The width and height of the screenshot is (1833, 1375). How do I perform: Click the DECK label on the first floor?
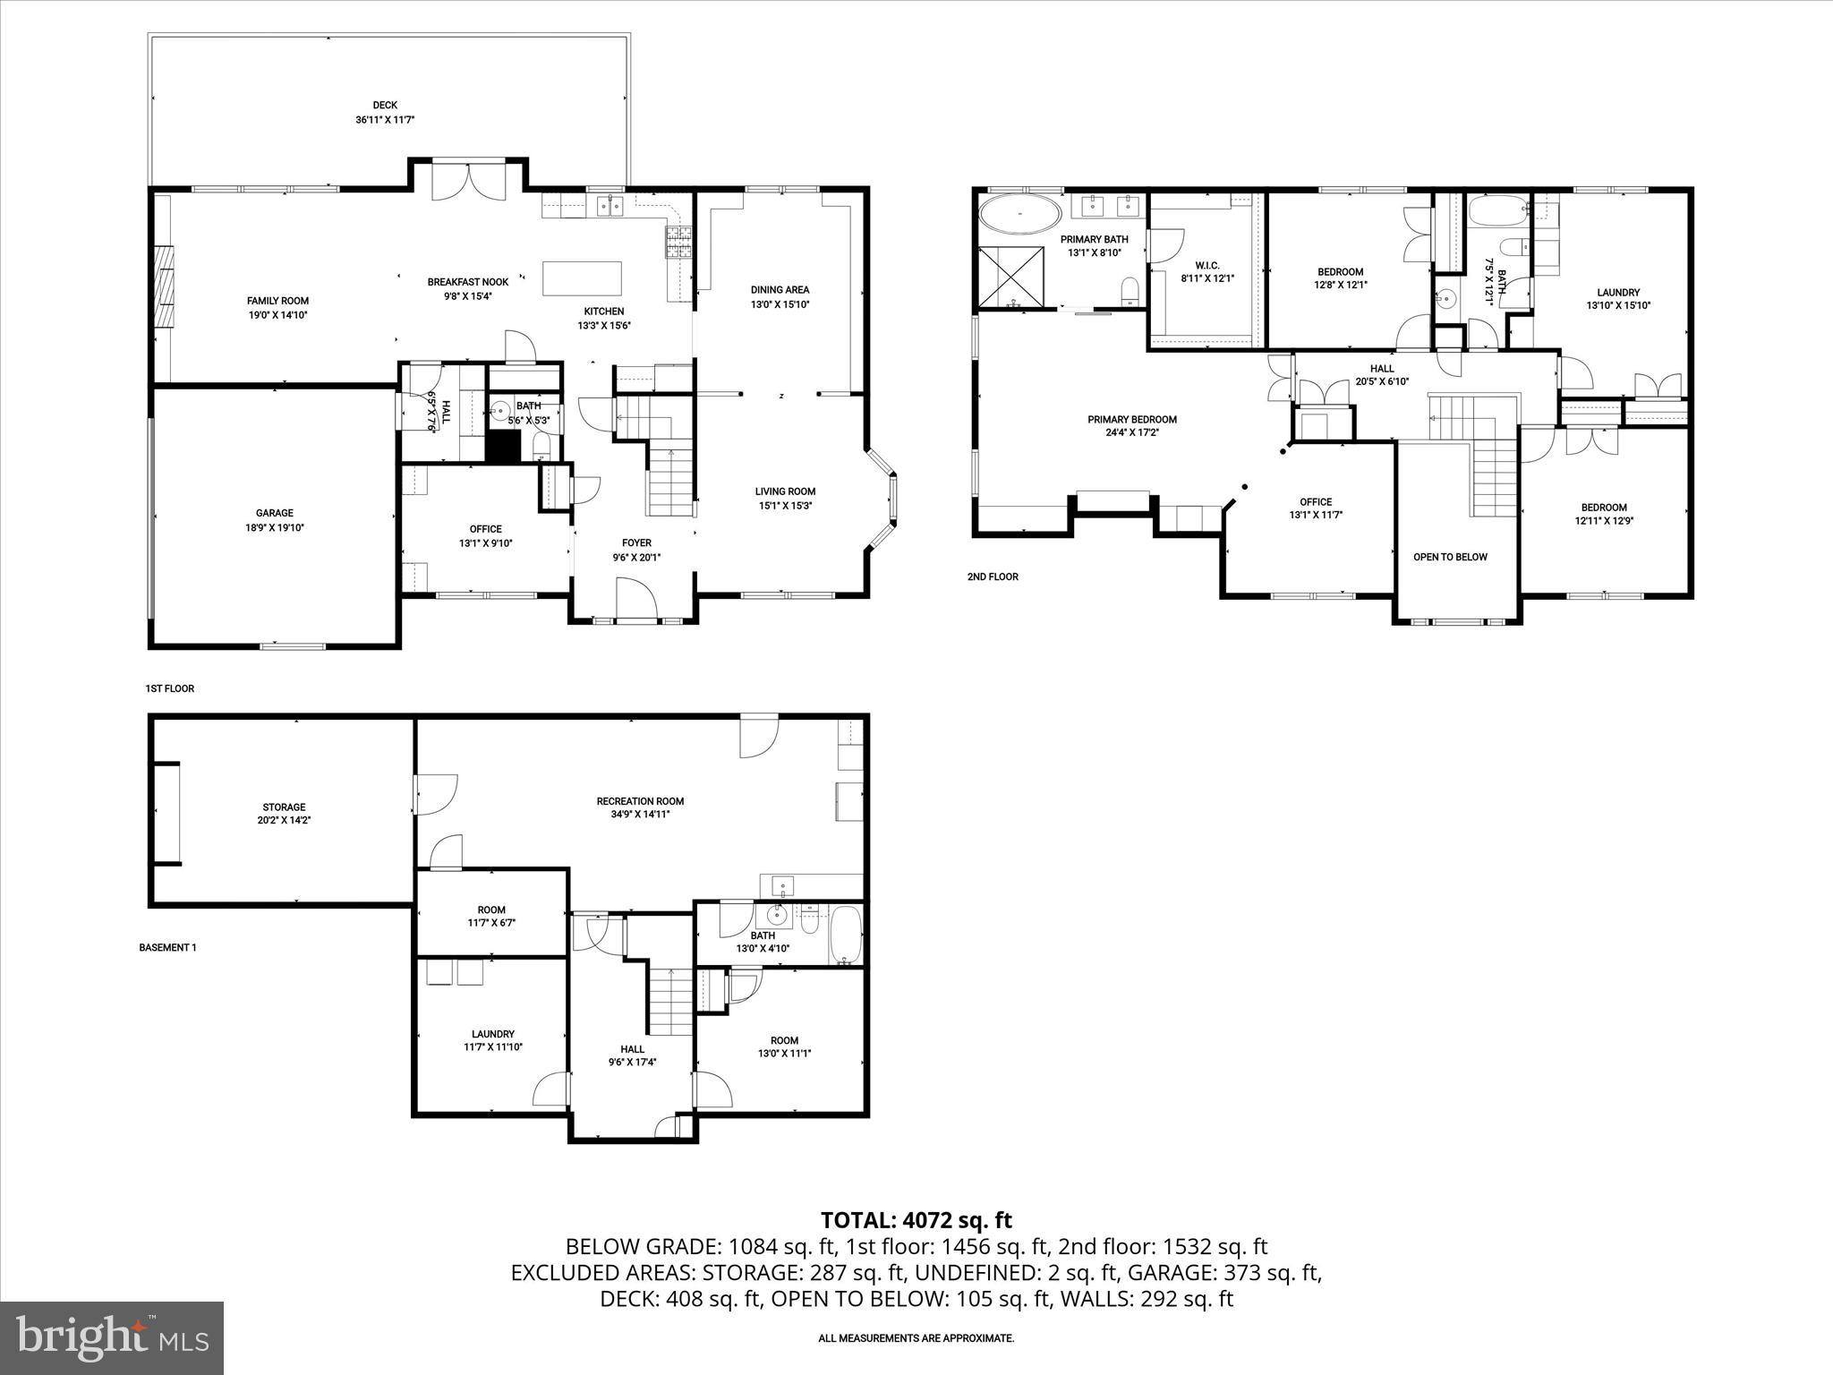(385, 105)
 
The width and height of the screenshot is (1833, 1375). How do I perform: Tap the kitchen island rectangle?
(582, 278)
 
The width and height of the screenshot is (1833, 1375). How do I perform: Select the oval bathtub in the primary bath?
(1019, 215)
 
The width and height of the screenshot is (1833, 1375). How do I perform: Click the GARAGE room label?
(275, 513)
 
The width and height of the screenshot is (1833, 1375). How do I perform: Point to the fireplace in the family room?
(165, 286)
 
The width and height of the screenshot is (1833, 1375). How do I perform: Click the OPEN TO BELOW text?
(1450, 557)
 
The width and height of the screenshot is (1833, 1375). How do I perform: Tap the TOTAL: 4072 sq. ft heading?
(916, 1219)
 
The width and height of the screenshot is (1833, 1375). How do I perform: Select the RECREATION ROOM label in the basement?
(640, 801)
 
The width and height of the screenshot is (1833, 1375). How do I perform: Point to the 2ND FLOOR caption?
(993, 576)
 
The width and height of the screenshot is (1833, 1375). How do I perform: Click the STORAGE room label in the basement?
(284, 807)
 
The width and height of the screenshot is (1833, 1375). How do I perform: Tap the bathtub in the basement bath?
(846, 935)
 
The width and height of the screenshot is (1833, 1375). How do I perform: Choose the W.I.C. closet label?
(1207, 265)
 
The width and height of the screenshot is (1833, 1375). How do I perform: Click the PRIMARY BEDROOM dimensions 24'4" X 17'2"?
(1132, 432)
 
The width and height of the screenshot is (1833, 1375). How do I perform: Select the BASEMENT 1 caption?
(167, 947)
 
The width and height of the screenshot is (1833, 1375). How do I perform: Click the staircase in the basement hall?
(669, 1001)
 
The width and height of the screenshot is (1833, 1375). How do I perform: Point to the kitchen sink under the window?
(610, 206)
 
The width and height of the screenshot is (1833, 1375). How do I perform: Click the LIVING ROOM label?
(785, 491)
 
